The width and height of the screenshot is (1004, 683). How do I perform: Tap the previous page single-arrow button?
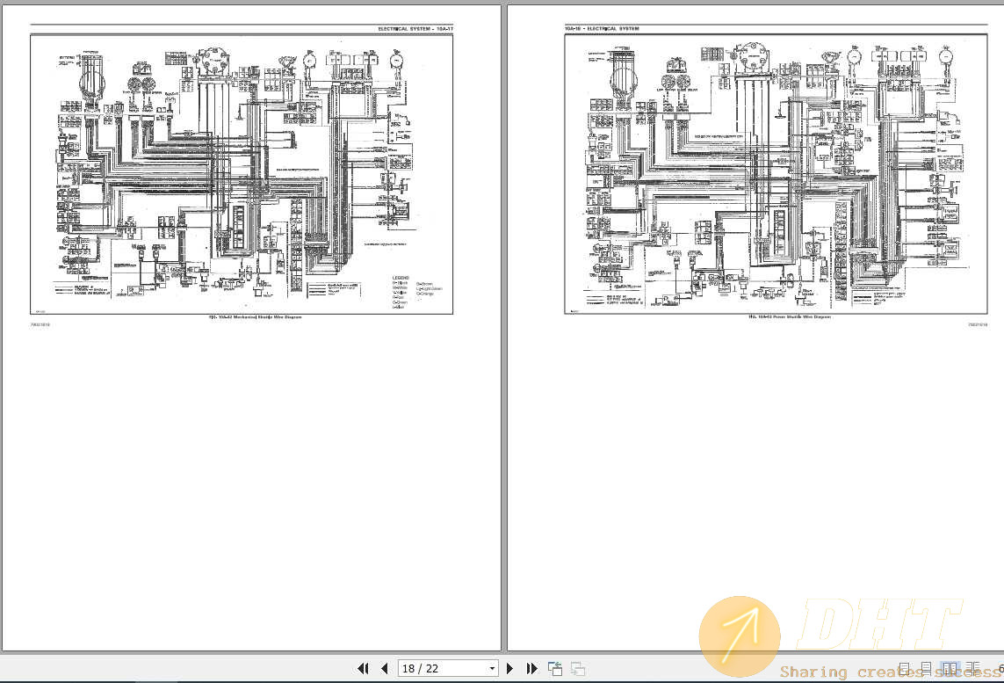pos(384,669)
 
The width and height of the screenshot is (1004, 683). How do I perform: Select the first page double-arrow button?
pos(363,669)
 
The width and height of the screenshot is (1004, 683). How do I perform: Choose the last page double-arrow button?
pos(531,669)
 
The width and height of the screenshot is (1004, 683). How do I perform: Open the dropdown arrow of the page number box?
pos(492,669)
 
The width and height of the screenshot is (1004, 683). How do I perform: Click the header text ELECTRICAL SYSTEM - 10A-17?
pos(415,29)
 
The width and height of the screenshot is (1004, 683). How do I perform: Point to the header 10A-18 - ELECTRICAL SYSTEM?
pos(602,29)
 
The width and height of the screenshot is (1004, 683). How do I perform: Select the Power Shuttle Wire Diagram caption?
pos(789,316)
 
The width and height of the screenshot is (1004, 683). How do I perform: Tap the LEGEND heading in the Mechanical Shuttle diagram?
pos(400,279)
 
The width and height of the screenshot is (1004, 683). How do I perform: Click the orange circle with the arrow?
pos(739,636)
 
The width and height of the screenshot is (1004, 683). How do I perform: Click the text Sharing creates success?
pos(887,672)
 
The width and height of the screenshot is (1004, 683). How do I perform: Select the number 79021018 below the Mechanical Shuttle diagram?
pos(40,324)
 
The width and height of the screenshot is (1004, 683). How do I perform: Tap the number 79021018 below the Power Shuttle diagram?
pos(978,324)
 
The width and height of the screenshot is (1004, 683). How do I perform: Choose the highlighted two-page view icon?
pos(950,669)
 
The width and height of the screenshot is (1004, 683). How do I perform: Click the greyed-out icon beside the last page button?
pos(577,669)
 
